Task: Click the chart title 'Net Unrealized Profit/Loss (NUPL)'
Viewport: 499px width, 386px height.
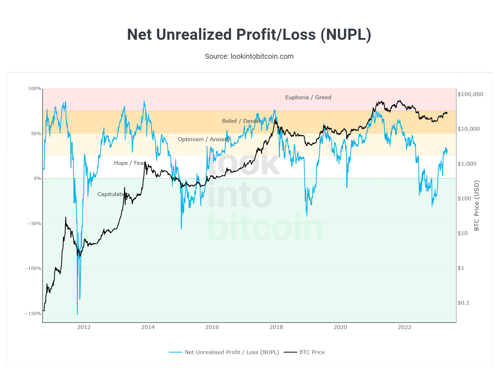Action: (x=249, y=35)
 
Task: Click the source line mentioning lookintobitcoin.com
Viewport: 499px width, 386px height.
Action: (x=249, y=56)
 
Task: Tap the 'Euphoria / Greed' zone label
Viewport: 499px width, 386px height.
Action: (x=308, y=97)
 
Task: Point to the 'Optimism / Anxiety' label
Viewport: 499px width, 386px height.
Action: (x=204, y=139)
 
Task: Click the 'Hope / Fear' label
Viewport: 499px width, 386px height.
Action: (x=129, y=163)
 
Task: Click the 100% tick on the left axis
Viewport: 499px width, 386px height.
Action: (x=35, y=89)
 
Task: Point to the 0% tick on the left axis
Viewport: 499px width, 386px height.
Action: (x=37, y=178)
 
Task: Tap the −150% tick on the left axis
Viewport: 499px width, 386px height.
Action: (x=33, y=314)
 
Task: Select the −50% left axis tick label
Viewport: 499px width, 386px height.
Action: (x=34, y=224)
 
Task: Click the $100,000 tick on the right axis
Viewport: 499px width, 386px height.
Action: (x=470, y=94)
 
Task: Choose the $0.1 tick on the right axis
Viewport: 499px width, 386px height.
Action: (x=463, y=303)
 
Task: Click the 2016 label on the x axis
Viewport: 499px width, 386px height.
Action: (x=212, y=327)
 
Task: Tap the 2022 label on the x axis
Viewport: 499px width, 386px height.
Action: (x=405, y=327)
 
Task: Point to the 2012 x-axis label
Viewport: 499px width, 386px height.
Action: (x=84, y=327)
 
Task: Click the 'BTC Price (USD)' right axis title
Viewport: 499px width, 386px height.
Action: (x=476, y=206)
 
